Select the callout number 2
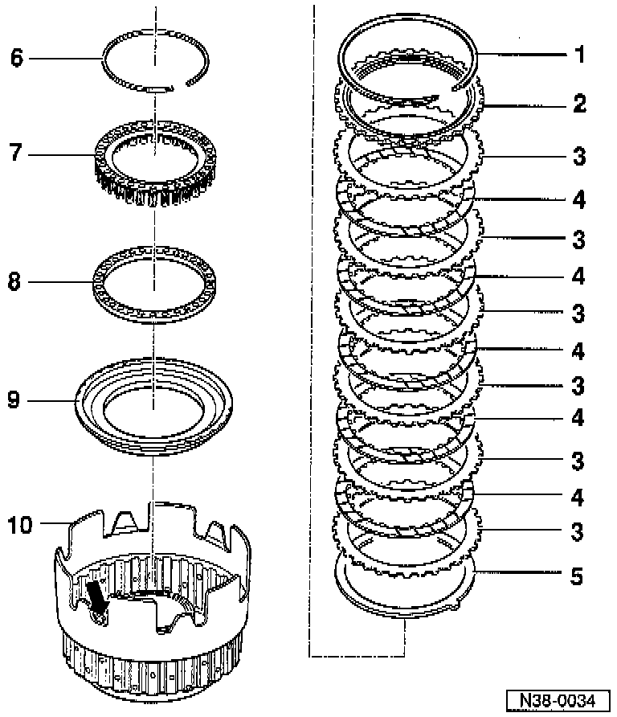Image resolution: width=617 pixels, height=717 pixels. tap(579, 104)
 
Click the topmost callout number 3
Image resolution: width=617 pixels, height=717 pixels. tap(579, 156)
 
